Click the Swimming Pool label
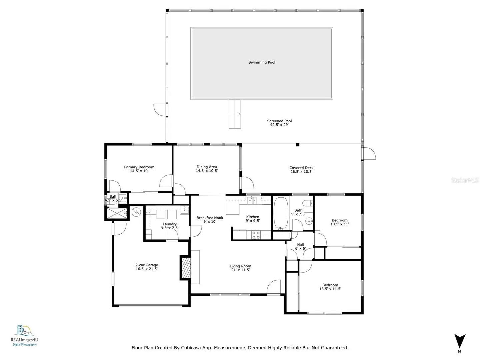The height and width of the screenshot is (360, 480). click(262, 62)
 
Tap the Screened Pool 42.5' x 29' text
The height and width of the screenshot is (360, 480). click(279, 123)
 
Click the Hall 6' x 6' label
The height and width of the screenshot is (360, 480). click(300, 247)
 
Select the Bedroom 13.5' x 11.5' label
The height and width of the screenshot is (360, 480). click(330, 287)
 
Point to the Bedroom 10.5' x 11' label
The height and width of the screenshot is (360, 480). click(339, 222)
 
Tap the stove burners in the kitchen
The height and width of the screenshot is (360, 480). click(256, 235)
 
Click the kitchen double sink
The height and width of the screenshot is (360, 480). click(252, 200)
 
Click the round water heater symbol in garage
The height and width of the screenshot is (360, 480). click(136, 212)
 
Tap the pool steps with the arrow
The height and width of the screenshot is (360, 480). click(235, 114)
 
